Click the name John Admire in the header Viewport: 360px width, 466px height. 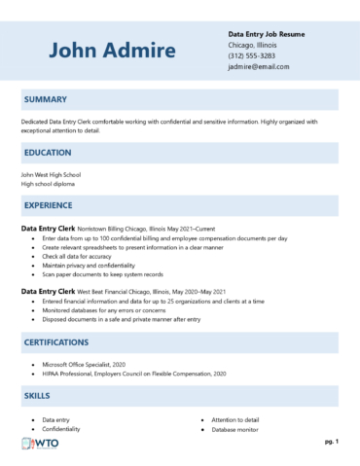click(112, 51)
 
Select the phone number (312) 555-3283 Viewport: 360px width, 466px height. click(251, 55)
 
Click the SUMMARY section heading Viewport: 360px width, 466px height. click(45, 99)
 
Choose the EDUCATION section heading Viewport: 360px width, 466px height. click(48, 153)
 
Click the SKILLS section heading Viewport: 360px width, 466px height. click(37, 396)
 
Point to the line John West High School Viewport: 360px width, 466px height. click(51, 174)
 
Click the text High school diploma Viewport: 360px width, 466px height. click(48, 183)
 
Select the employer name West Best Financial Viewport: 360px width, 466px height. click(104, 291)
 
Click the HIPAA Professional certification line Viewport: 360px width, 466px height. click(134, 373)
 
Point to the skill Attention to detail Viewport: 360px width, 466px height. click(238, 418)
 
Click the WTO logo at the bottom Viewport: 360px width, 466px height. click(41, 444)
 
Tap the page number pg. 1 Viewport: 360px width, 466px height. click(331, 441)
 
